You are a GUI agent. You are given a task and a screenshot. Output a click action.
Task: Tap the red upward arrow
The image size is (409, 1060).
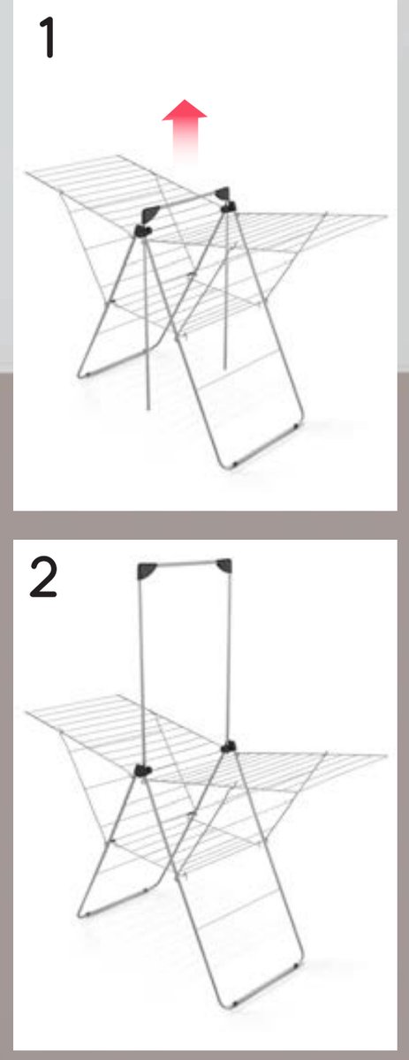tap(185, 132)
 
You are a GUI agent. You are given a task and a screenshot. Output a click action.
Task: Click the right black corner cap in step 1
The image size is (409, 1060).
tap(222, 193)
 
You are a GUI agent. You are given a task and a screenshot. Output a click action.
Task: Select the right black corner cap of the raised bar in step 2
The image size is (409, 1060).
tap(223, 566)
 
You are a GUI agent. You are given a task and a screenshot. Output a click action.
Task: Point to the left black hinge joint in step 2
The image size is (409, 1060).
tap(142, 770)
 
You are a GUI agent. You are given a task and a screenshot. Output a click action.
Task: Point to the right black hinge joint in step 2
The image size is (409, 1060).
tap(228, 746)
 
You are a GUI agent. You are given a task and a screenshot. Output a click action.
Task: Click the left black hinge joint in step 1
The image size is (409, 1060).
tap(142, 231)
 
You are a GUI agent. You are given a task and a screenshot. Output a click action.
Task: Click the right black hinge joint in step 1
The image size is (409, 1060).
tap(229, 207)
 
